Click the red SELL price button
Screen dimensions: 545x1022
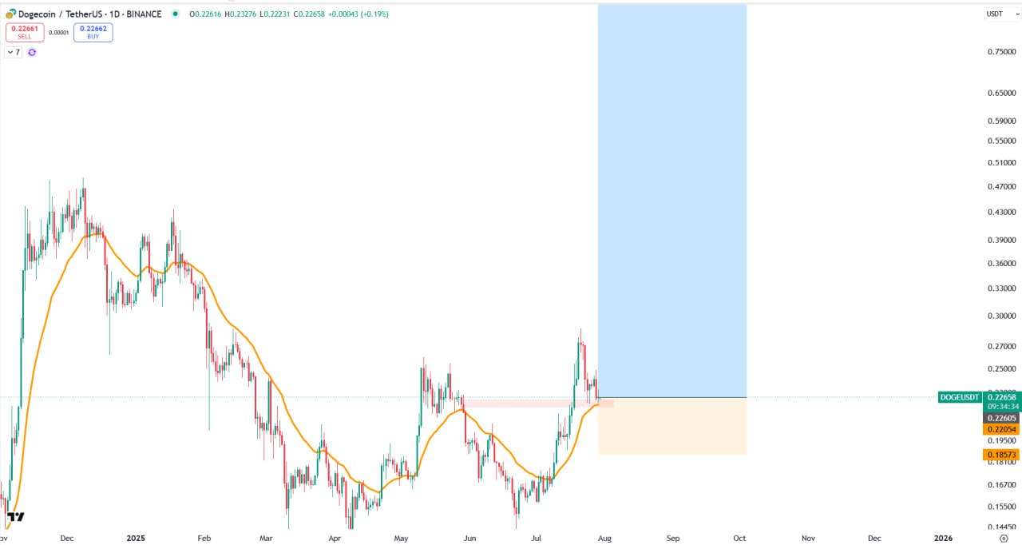(x=24, y=32)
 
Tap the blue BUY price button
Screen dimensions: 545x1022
(x=93, y=32)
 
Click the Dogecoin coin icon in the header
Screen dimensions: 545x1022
(x=10, y=14)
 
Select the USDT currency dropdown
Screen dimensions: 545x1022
(x=998, y=14)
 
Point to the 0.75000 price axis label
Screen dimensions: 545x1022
(x=1002, y=52)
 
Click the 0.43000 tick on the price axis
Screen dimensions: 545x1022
(x=1002, y=213)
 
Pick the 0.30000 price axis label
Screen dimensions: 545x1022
(x=1002, y=316)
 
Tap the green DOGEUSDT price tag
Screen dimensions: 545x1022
(x=959, y=397)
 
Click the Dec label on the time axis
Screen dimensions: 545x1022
(x=67, y=539)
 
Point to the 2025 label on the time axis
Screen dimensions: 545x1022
(x=135, y=539)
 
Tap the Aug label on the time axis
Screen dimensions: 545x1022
(x=604, y=539)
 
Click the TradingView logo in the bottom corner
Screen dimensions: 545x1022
(x=15, y=517)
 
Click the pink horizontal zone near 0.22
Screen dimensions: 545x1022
(x=535, y=404)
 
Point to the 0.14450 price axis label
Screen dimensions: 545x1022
(x=1002, y=527)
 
